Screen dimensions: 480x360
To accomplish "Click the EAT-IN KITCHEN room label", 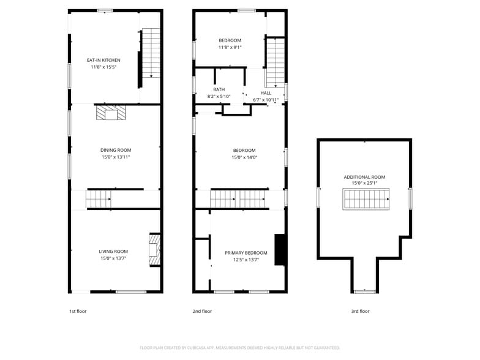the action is (x=103, y=60).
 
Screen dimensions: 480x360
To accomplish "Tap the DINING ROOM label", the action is (x=116, y=150).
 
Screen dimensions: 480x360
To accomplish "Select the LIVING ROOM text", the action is (x=113, y=251).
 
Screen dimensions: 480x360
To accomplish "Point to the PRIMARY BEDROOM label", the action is (x=246, y=253).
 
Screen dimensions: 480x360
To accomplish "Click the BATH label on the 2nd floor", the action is (x=219, y=89).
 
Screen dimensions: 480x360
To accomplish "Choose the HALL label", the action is (x=266, y=93).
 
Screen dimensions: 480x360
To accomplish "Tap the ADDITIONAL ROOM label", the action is (x=364, y=177).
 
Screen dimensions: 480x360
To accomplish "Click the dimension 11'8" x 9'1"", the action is (x=230, y=47).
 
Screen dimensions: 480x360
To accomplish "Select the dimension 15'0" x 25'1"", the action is (x=364, y=183).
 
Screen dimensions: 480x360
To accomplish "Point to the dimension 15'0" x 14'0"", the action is (x=244, y=157).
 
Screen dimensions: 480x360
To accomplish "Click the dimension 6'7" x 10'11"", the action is (x=266, y=100).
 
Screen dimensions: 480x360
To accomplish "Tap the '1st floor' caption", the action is (x=78, y=311).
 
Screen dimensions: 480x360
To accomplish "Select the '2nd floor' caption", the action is (x=202, y=311).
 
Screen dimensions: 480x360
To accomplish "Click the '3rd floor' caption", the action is (x=360, y=311).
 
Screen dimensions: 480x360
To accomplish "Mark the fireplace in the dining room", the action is (x=111, y=113).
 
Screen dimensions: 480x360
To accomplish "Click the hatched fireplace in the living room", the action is (x=154, y=250).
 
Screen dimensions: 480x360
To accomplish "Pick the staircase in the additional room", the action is (x=366, y=199).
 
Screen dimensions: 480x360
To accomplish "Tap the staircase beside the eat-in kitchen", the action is (x=151, y=53).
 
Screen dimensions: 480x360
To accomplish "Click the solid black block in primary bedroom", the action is (x=279, y=250).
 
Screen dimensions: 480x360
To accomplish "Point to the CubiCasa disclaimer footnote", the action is (x=240, y=348).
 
